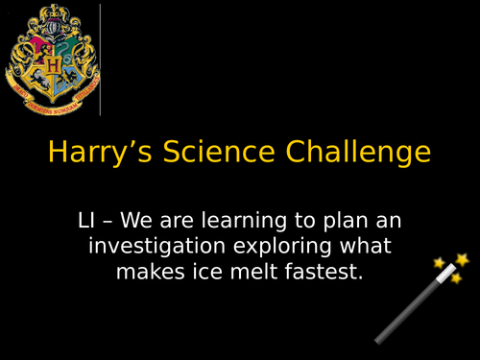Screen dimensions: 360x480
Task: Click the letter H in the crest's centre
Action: point(53,65)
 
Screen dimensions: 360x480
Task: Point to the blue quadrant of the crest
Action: point(69,79)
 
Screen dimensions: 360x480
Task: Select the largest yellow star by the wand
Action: point(462,259)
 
